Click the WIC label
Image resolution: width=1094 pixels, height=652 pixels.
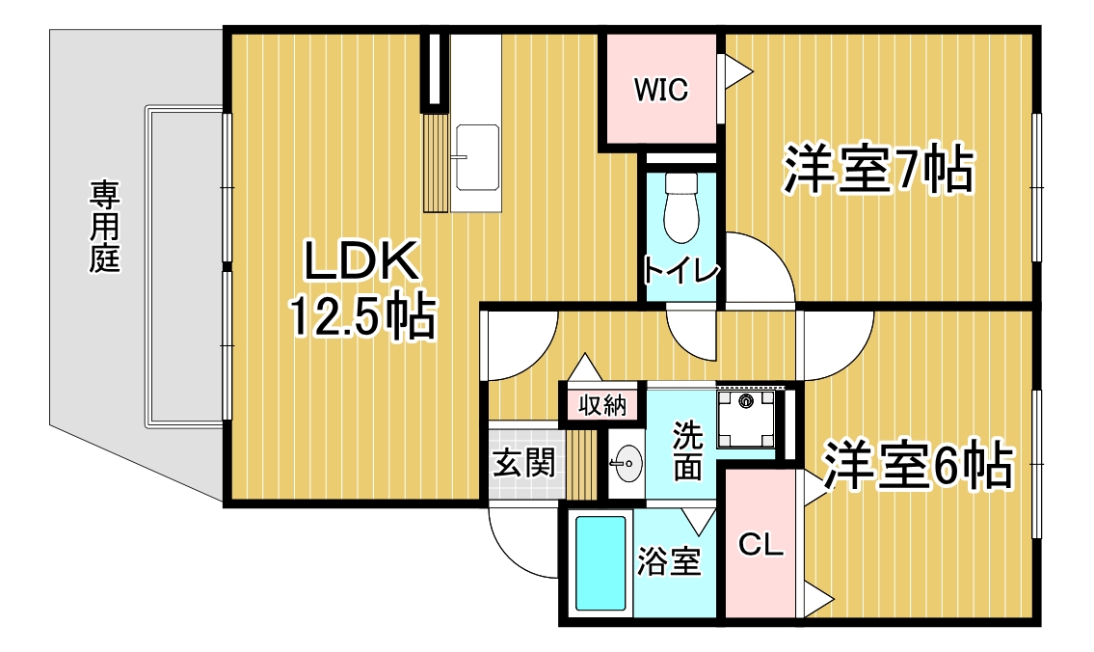point(660,90)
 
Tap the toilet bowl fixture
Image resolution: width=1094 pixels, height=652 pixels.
point(680,208)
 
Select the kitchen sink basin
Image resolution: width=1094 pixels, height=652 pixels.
point(476,158)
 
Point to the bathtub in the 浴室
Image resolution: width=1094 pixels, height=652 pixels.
point(600,565)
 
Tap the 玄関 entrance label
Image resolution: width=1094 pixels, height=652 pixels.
point(524,463)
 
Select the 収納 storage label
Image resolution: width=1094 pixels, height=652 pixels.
point(602,406)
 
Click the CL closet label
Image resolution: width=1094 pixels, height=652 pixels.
point(761,544)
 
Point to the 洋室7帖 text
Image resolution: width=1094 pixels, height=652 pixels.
point(878,169)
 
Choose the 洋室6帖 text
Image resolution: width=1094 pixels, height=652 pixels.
point(918,464)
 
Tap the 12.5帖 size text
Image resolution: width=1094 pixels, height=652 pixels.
point(362,316)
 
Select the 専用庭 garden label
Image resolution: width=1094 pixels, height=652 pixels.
point(105,227)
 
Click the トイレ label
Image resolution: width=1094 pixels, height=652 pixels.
point(680,271)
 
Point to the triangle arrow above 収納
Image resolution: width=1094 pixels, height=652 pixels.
point(584,367)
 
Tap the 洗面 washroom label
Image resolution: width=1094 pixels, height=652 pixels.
point(687,450)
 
